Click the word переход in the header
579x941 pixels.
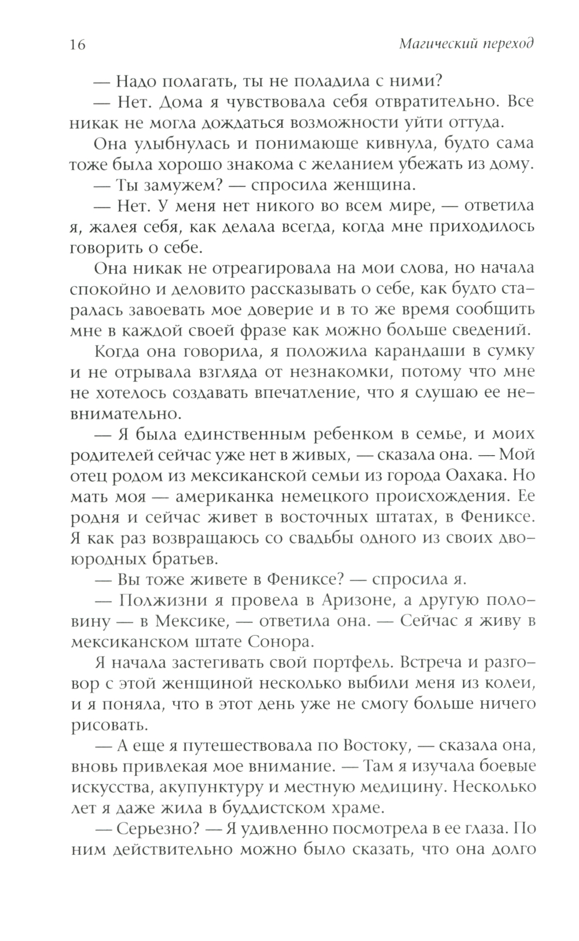tap(507, 44)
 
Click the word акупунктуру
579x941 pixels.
tap(231, 787)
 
